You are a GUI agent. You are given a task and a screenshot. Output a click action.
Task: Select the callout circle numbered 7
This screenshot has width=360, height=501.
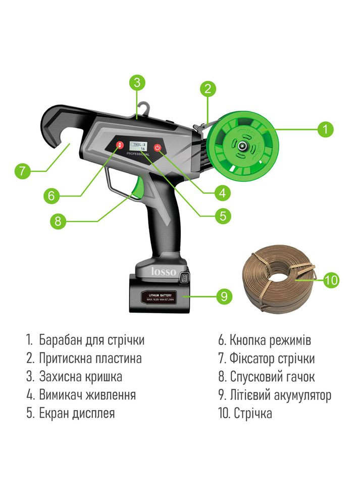[22, 171]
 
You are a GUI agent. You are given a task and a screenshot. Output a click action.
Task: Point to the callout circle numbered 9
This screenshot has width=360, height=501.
[224, 296]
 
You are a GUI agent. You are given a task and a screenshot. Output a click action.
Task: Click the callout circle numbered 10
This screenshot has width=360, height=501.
[330, 280]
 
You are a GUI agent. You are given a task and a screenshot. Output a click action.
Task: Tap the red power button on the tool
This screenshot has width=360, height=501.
[158, 148]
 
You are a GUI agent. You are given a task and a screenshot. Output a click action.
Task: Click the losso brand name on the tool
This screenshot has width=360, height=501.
[164, 272]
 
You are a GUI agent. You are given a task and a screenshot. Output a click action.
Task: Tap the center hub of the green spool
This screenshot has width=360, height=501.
[243, 146]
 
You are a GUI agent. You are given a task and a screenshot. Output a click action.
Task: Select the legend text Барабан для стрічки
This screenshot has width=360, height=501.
[91, 340]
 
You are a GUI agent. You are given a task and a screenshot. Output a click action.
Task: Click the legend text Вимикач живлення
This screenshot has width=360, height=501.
[87, 394]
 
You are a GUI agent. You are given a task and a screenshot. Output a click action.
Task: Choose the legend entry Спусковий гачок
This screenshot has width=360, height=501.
[273, 376]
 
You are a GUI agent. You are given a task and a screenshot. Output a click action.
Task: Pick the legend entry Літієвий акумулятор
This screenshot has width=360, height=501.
[280, 394]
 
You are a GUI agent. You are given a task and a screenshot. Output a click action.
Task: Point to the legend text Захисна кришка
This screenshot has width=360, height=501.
[80, 376]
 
